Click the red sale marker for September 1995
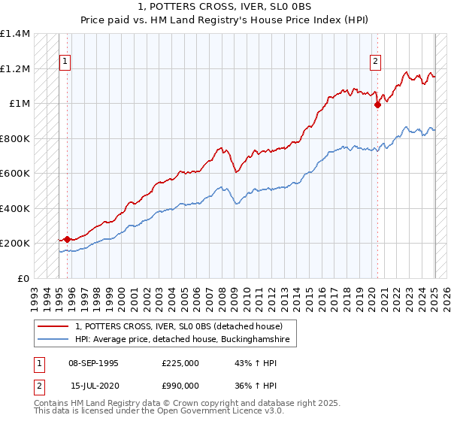click(67, 239)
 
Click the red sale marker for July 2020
click(377, 105)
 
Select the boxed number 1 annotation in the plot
click(65, 62)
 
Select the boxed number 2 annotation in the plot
click(375, 62)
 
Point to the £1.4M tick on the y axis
click(15, 34)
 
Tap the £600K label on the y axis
click(15, 174)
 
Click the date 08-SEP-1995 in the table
click(93, 363)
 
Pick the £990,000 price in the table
click(180, 385)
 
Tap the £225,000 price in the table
click(180, 363)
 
